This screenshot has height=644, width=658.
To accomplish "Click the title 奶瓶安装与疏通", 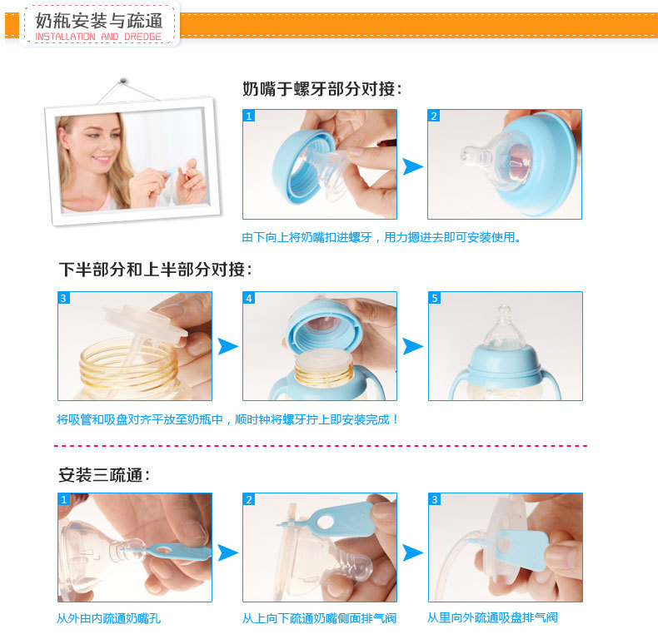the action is [x=98, y=21].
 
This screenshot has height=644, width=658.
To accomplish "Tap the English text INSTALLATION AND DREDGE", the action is [x=98, y=37].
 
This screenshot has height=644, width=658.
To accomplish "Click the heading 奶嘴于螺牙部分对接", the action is [x=322, y=89].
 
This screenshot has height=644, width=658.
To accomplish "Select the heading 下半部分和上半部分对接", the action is [x=155, y=270].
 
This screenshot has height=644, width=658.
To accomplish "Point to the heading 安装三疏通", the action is [x=103, y=475].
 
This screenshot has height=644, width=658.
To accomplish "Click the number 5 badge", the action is [x=434, y=298].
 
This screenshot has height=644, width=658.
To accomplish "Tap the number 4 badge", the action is [x=249, y=298].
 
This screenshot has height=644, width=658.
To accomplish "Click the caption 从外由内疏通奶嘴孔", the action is [x=108, y=618].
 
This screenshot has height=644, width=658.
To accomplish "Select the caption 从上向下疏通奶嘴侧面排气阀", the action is [x=319, y=618].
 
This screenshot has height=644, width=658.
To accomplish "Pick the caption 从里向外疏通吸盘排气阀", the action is [x=492, y=617].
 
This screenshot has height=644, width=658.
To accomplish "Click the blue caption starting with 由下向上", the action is [x=381, y=237].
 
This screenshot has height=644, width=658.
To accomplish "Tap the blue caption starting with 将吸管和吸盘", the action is [x=227, y=419].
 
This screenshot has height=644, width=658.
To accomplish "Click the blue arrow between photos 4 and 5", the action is [x=412, y=346].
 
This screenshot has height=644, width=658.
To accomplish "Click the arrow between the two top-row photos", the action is [x=412, y=166].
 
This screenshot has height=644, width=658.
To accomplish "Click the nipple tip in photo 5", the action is [x=504, y=309].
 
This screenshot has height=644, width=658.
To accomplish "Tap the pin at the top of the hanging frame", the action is [x=122, y=80].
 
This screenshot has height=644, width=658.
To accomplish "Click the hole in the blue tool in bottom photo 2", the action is [x=325, y=522].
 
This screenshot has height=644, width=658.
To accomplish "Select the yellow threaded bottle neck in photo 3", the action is [x=128, y=364].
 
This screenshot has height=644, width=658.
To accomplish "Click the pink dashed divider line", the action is [x=321, y=446].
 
